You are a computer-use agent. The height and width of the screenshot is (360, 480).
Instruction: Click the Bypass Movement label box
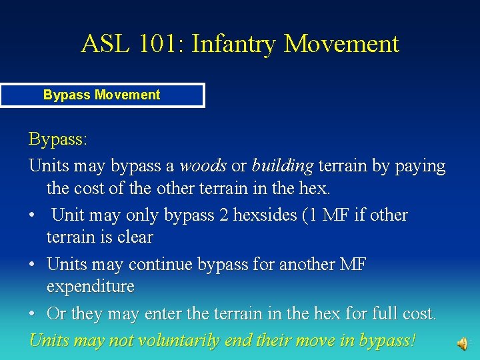pyautogui.click(x=102, y=95)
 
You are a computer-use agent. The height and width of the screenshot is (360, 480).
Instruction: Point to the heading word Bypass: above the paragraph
pyautogui.click(x=58, y=140)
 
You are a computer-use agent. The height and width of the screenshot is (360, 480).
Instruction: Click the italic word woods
pyautogui.click(x=203, y=165)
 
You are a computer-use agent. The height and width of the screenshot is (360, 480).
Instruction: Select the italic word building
pyautogui.click(x=282, y=165)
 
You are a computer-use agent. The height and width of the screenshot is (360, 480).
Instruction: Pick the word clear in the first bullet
pyautogui.click(x=134, y=237)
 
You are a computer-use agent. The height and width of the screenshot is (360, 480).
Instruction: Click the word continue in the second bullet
pyautogui.click(x=157, y=265)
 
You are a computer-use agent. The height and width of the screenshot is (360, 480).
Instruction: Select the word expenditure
pyautogui.click(x=90, y=287)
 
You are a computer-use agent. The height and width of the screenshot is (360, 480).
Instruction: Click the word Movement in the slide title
pyautogui.click(x=341, y=44)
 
